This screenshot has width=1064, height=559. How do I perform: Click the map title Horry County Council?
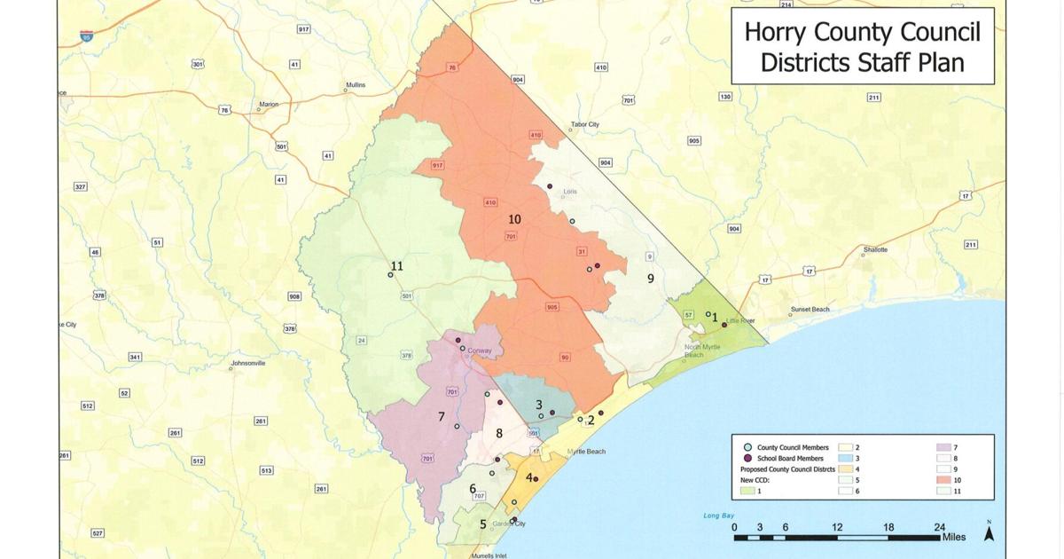tap(862, 33)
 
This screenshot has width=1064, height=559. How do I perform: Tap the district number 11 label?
tap(396, 266)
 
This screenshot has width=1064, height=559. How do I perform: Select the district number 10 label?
tap(514, 219)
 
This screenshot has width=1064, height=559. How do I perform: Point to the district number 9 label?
tap(650, 279)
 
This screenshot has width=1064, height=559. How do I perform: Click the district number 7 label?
tap(441, 417)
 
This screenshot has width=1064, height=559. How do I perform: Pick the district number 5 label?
tap(483, 524)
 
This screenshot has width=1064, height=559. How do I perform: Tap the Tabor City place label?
tap(585, 125)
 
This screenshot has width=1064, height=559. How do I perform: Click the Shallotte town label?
tap(875, 250)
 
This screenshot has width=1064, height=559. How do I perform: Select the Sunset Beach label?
tap(810, 310)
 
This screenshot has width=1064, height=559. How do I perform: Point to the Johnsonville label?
tap(248, 363)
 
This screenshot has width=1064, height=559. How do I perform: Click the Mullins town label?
tap(355, 85)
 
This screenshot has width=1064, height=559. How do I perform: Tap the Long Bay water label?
tap(719, 515)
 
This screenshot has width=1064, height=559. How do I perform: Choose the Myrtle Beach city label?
tap(586, 452)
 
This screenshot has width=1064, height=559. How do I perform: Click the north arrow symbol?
tap(989, 532)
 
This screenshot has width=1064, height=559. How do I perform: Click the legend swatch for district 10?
tap(943, 479)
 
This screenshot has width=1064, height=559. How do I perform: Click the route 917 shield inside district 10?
tap(438, 166)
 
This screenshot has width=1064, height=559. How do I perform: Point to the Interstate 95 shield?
tap(86, 35)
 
